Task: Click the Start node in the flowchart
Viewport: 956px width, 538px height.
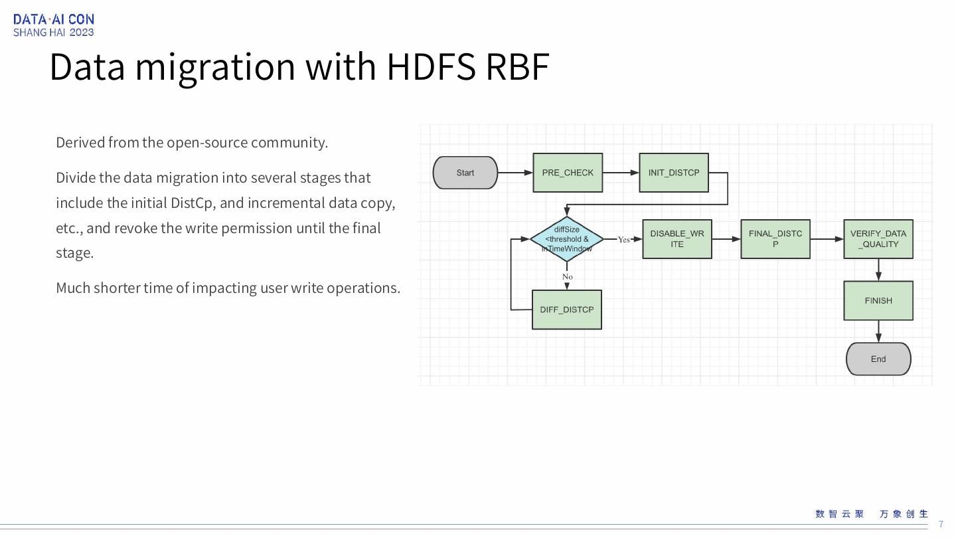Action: click(465, 173)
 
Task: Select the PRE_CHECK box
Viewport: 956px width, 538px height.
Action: click(568, 173)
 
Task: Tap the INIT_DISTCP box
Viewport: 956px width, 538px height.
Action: click(674, 173)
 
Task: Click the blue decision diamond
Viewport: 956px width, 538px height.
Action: click(567, 239)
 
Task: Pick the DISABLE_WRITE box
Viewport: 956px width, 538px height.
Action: click(677, 239)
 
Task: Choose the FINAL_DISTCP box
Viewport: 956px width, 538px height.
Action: click(775, 239)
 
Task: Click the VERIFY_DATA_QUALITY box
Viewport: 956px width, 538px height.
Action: click(878, 239)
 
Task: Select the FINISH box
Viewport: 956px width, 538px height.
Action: click(878, 301)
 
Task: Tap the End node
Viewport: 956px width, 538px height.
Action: click(878, 359)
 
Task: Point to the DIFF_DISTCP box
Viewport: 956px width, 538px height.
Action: click(567, 310)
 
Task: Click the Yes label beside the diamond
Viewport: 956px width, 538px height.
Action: click(623, 240)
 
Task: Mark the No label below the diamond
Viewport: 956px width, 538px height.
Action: click(567, 276)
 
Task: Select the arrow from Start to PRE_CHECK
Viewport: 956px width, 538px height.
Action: click(515, 173)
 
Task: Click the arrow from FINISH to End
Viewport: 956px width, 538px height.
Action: click(878, 331)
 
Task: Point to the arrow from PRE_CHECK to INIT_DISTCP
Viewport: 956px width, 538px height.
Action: click(621, 173)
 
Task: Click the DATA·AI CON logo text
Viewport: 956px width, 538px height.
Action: click(54, 19)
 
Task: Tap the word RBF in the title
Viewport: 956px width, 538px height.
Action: click(517, 66)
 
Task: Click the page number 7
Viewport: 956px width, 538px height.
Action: click(941, 525)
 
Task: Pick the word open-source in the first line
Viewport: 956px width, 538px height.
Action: click(206, 143)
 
